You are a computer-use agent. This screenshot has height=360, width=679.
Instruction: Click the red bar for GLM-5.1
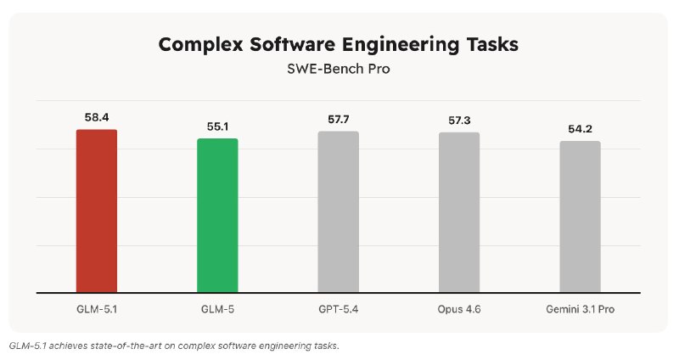pos(97,211)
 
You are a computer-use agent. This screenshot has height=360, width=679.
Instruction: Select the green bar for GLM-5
pos(217,216)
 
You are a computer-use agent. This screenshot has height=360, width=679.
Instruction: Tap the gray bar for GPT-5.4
pos(338,212)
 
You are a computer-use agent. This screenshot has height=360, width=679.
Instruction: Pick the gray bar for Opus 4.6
pos(459,212)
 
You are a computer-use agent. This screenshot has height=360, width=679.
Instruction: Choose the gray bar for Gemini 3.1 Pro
pos(580,217)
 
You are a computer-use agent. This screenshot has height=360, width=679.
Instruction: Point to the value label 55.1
pos(217,126)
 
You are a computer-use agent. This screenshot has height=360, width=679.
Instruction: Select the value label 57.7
pos(338,119)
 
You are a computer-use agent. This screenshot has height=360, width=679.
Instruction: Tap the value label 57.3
pos(459,120)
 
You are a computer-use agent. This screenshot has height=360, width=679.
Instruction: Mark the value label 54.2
pos(580,128)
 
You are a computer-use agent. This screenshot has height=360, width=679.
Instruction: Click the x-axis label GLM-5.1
pos(97,308)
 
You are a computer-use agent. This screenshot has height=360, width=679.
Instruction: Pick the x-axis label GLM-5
pos(217,308)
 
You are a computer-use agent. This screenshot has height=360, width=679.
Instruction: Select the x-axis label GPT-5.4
pos(338,308)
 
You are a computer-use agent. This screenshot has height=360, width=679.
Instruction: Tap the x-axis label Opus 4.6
pos(459,308)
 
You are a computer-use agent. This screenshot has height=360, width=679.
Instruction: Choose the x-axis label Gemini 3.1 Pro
pos(580,308)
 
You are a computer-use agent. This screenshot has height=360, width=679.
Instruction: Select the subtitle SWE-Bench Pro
pos(338,70)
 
